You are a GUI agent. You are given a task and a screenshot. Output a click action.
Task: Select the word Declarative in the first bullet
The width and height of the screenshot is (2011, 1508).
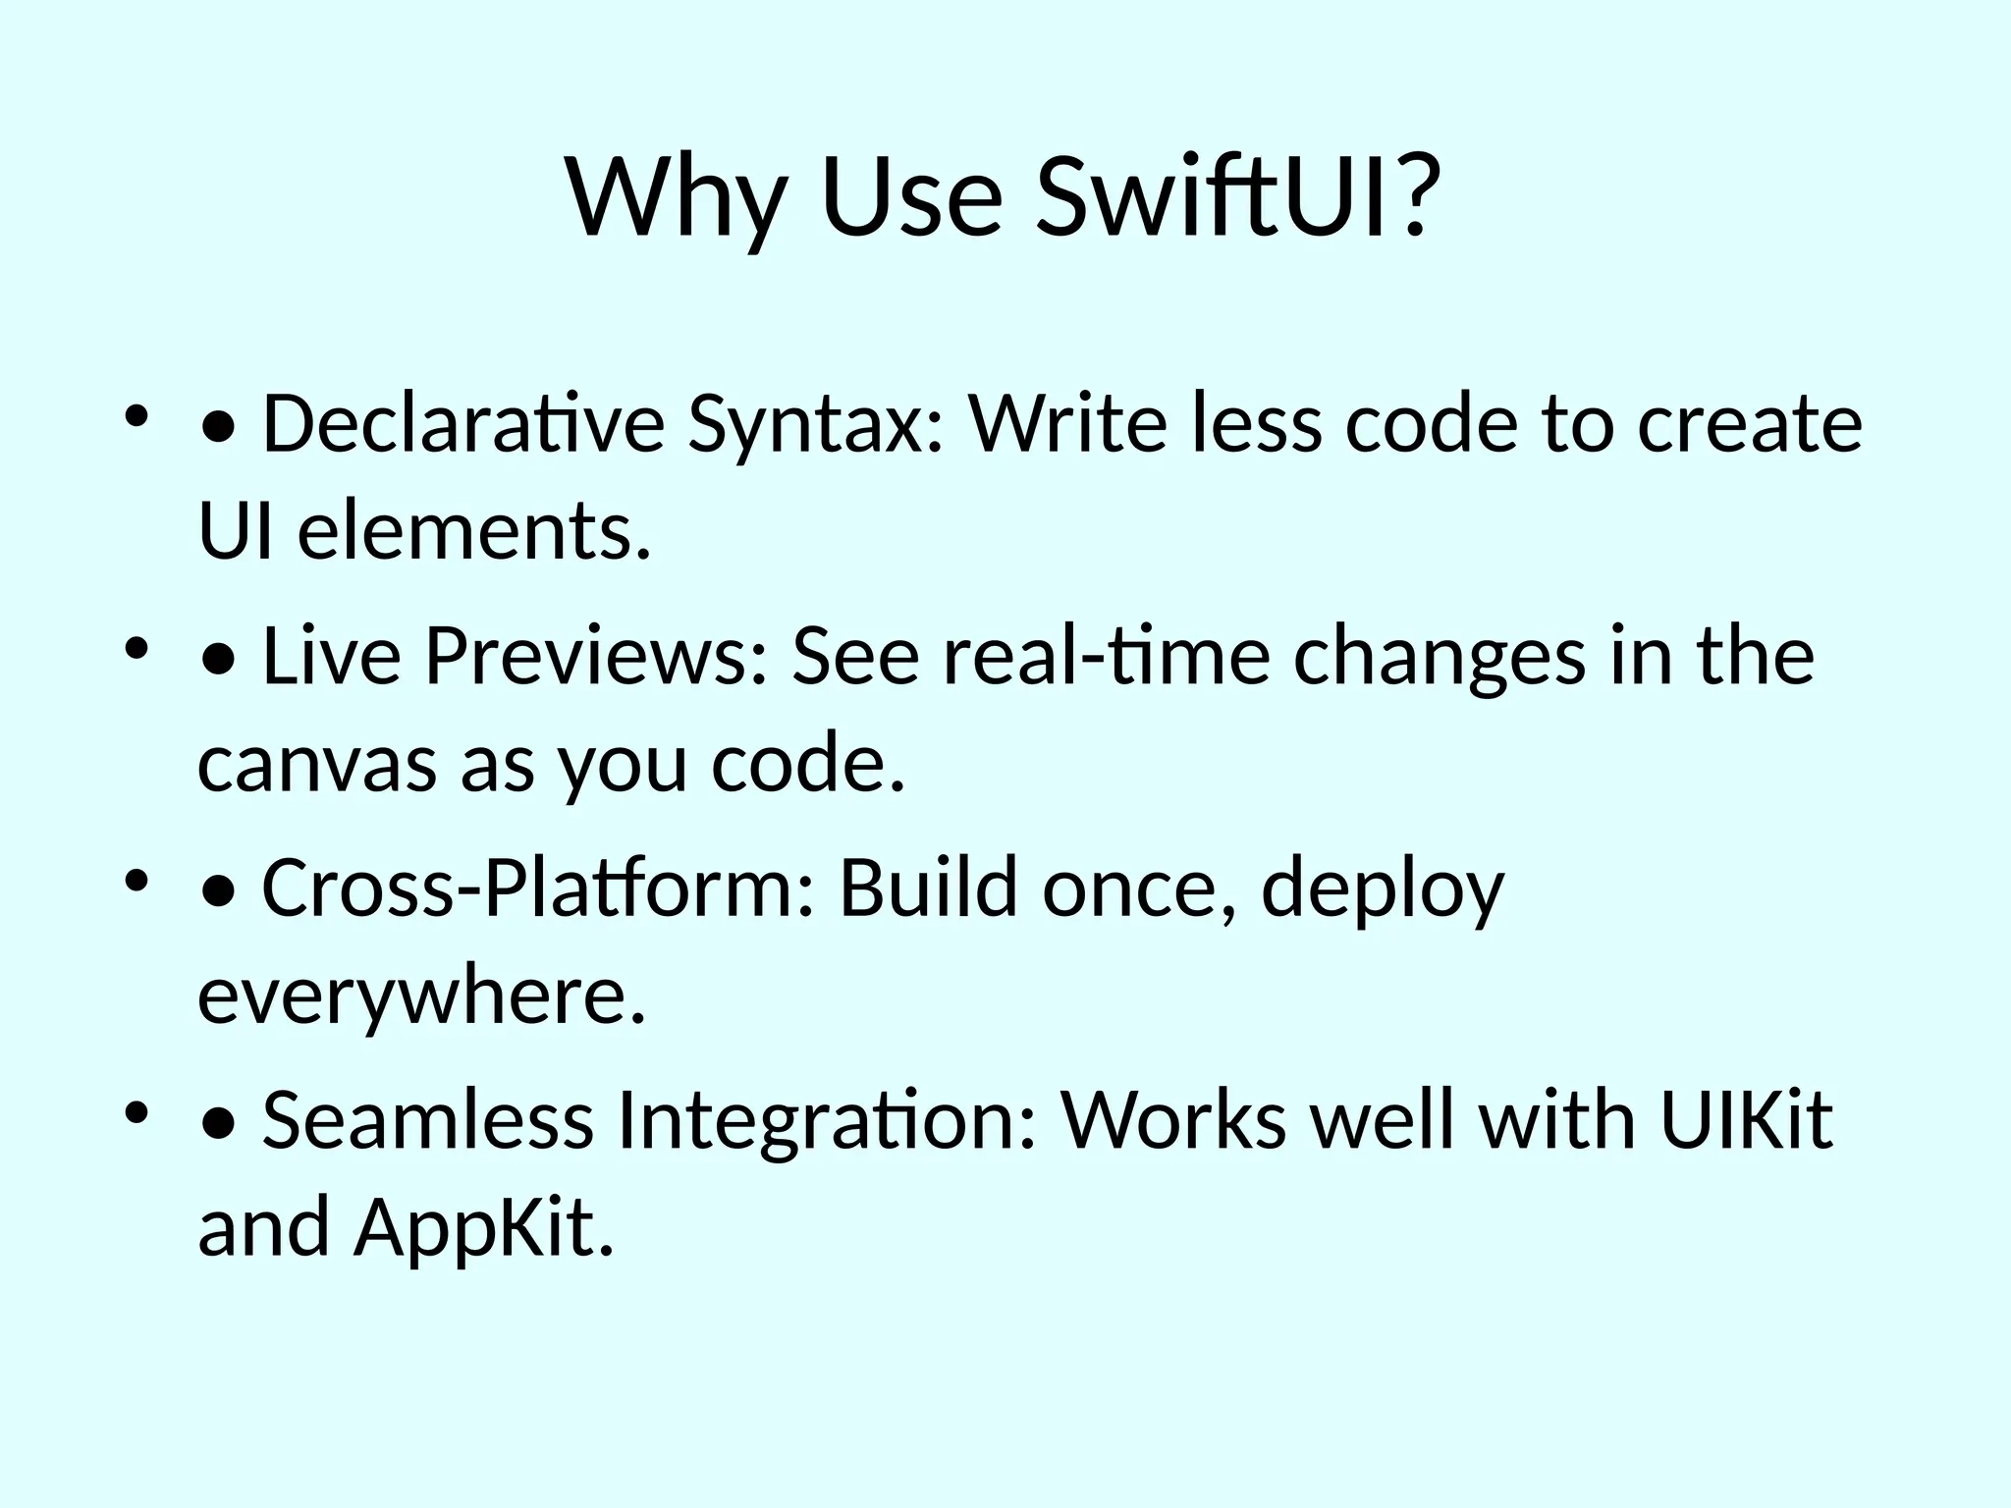pos(463,424)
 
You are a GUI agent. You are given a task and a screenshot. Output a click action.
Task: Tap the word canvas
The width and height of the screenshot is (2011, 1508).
pos(317,766)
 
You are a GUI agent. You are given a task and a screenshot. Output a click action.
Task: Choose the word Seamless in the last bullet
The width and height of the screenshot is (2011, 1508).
pos(427,1119)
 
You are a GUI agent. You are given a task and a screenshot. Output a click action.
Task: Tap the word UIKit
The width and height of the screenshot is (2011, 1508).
pos(1746,1119)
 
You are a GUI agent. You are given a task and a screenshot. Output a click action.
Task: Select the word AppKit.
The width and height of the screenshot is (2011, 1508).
pos(484,1229)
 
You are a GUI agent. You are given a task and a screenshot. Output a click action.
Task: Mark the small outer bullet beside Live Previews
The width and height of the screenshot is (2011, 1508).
pos(136,648)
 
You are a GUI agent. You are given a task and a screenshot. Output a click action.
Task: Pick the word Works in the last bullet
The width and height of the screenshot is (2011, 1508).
pos(1172,1119)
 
